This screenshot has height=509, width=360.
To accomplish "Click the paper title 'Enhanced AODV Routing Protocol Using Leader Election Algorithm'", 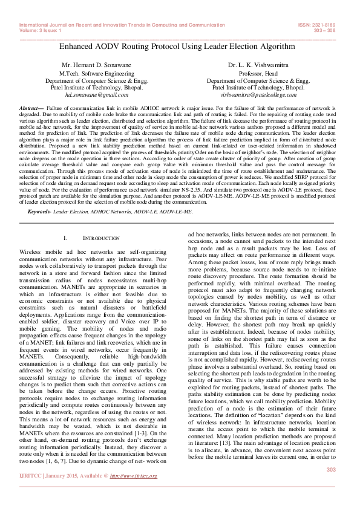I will [x=180, y=46].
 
